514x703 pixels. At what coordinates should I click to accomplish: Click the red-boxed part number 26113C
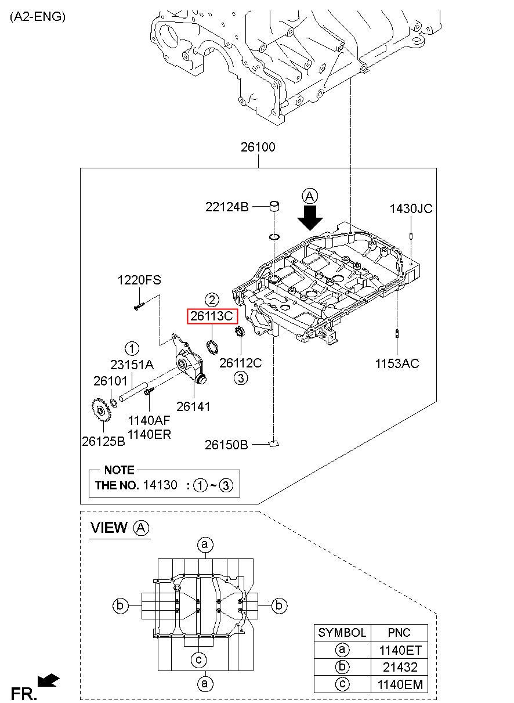pos(212,316)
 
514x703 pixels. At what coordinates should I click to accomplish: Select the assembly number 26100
pos(258,147)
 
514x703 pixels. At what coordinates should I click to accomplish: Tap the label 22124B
pos(227,207)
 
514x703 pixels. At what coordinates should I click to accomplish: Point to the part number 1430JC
pos(411,208)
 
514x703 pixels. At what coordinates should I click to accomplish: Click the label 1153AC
pos(397,363)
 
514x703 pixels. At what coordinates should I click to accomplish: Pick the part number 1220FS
pos(139,280)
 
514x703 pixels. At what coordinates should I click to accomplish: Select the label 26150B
pos(226,445)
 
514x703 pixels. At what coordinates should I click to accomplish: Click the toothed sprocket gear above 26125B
pos(102,410)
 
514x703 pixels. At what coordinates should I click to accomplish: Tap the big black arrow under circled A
pos(310,218)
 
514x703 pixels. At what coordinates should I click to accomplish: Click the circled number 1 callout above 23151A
pos(132,348)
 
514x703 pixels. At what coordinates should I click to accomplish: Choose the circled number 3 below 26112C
pos(241,378)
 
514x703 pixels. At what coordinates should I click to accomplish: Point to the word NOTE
pos(119,470)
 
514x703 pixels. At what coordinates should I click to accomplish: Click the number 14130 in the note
pos(160,485)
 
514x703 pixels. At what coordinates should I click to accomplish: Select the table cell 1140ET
pos(400,650)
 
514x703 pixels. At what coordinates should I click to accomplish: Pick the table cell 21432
pos(400,667)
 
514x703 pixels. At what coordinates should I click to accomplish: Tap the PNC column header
pos(399,632)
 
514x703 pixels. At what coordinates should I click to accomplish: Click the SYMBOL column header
pos(342,632)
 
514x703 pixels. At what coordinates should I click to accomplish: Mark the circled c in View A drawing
pos(199,659)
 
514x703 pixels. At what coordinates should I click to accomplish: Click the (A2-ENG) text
pos(38,17)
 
